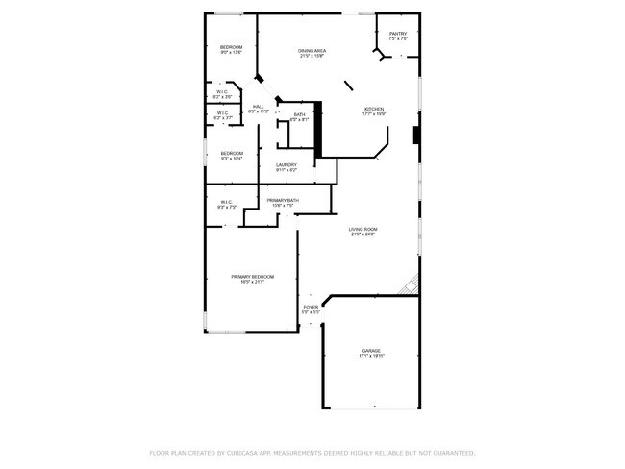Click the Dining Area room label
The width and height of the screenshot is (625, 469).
pyautogui.click(x=312, y=52)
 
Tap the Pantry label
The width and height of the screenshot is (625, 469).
pyautogui.click(x=398, y=36)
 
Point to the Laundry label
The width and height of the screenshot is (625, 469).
pyautogui.click(x=287, y=166)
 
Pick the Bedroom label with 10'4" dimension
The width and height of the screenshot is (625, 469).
pyautogui.click(x=231, y=156)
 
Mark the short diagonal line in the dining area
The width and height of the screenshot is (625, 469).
pyautogui.click(x=349, y=86)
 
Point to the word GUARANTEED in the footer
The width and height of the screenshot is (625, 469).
pyautogui.click(x=450, y=452)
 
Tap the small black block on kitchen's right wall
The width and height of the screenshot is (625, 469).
pyautogui.click(x=415, y=135)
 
